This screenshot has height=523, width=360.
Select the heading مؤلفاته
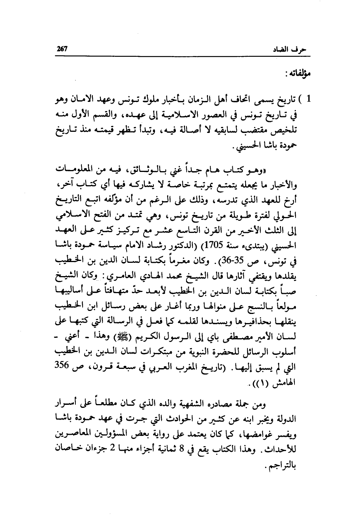pyautogui.click(x=299, y=73)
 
